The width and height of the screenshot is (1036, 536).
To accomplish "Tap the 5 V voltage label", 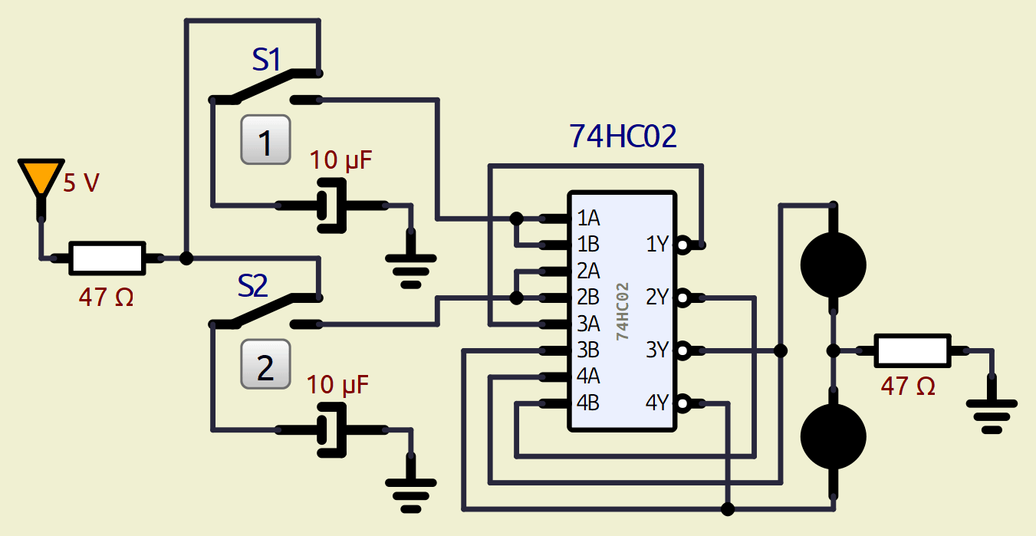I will [x=81, y=184].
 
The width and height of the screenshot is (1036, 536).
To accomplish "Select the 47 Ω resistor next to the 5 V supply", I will [x=107, y=258].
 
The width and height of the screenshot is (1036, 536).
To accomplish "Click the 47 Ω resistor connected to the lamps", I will [x=913, y=351].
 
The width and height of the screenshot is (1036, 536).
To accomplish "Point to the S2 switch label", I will [x=252, y=286].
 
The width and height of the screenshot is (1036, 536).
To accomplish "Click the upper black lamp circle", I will [x=833, y=265].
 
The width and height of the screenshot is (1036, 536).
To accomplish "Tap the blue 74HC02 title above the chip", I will [x=623, y=136].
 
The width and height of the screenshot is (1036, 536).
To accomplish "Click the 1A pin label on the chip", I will [x=588, y=219].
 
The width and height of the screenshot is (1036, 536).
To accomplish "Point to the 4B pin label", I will [x=588, y=403].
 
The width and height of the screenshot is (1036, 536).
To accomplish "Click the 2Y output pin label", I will [x=657, y=298].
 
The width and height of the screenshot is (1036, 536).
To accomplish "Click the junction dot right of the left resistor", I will [x=186, y=258].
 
